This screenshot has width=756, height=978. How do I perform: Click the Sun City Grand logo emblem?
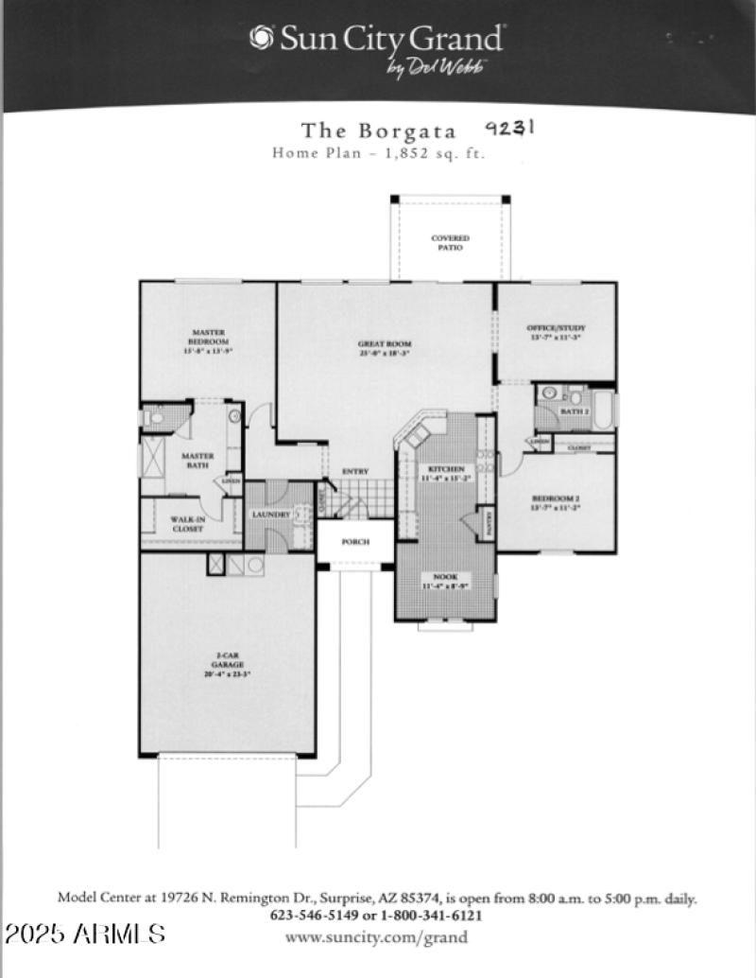261,38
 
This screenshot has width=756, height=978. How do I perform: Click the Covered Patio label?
450,242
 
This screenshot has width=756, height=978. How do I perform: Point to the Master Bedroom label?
208,337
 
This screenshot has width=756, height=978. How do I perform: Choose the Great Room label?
385,348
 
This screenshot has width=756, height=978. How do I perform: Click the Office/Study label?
556,332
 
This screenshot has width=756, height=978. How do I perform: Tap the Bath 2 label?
575,412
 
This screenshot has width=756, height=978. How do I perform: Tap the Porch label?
354,542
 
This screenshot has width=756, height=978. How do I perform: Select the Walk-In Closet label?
188,524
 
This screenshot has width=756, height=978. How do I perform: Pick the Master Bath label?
198,460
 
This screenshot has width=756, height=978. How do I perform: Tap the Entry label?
355,472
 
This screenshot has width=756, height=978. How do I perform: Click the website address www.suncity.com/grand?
376,937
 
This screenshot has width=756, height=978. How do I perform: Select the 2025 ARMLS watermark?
85,934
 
